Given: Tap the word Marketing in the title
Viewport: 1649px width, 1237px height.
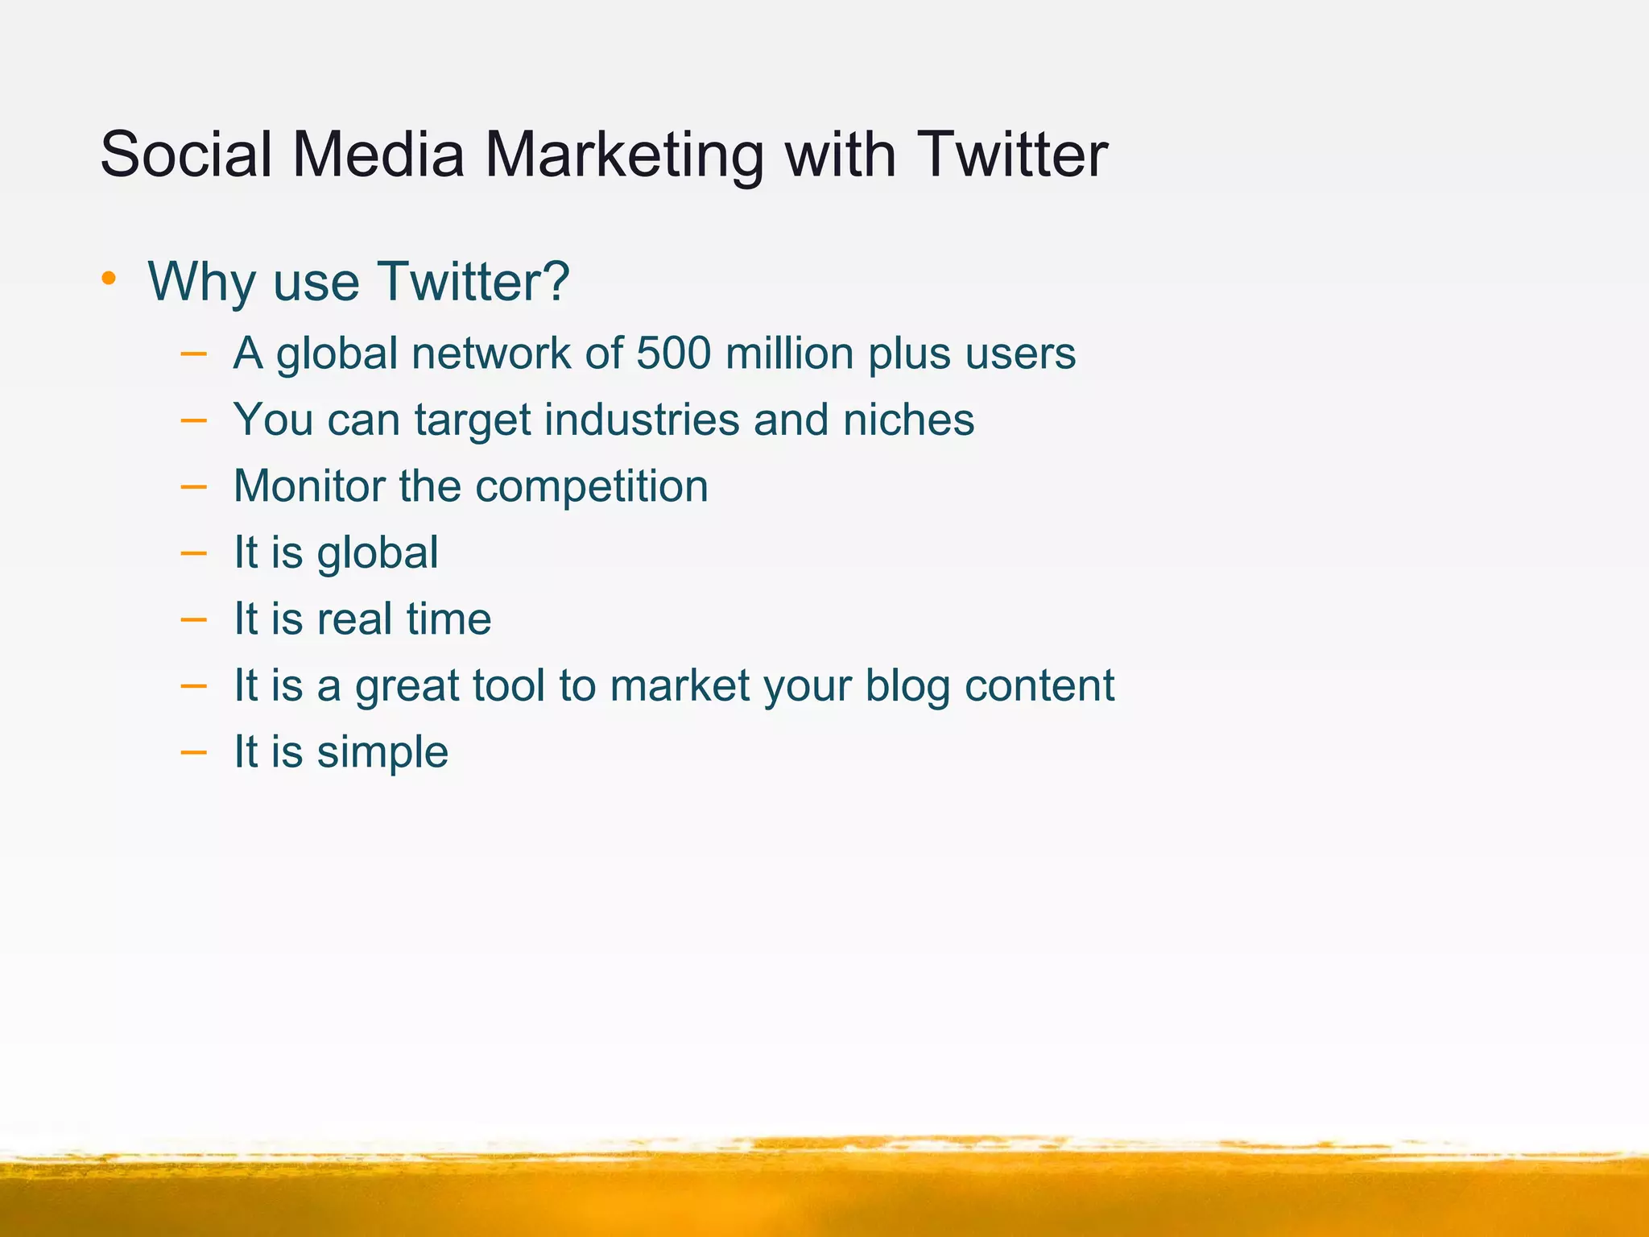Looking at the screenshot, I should pyautogui.click(x=624, y=155).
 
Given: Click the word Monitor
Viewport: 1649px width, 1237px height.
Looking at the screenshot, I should pyautogui.click(x=309, y=486).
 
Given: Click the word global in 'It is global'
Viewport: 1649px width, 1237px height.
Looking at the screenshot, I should pyautogui.click(x=377, y=554).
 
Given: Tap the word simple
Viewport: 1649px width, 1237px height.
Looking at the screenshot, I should pyautogui.click(x=382, y=753).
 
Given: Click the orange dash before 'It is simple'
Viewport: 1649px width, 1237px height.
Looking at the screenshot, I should pyautogui.click(x=193, y=752).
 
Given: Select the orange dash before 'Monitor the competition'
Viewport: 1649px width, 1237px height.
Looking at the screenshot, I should pyautogui.click(x=193, y=486).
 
